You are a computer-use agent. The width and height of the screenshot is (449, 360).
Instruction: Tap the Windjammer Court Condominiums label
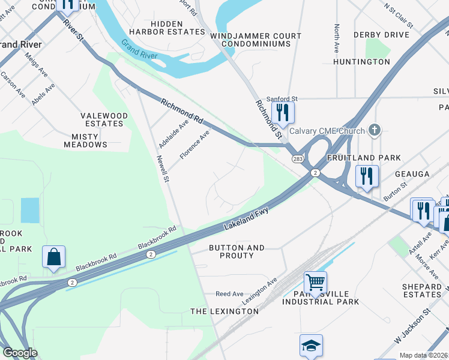[x=256, y=41]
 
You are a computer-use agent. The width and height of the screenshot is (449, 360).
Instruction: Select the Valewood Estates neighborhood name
[x=104, y=119]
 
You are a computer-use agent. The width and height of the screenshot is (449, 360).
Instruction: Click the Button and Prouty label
[x=237, y=251]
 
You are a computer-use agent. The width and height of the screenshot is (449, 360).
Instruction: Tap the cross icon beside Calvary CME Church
[x=375, y=130]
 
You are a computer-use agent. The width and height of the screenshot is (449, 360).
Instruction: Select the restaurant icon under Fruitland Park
[x=366, y=176]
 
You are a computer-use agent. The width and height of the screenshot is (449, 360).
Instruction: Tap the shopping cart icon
[x=315, y=281]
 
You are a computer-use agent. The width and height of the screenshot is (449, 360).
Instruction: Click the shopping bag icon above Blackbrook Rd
[x=53, y=256]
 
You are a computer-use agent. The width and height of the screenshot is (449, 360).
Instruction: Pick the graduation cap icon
[x=311, y=346]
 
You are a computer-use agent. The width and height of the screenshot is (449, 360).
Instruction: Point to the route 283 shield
[x=298, y=159]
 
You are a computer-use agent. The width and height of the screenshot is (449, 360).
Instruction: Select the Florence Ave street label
[x=194, y=145]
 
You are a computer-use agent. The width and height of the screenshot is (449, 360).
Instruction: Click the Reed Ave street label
[x=229, y=294]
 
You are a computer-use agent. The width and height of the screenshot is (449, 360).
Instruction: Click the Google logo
[x=19, y=353]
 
